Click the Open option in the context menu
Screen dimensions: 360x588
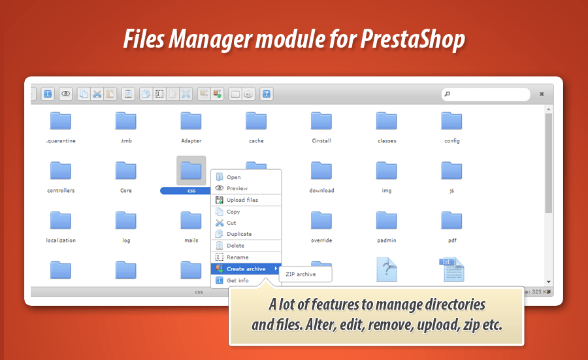tap(233, 177)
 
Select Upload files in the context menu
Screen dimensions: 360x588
tap(242, 200)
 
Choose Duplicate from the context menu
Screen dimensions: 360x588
tap(238, 234)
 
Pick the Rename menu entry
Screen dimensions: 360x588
tap(237, 257)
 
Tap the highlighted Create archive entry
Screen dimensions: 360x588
tap(246, 269)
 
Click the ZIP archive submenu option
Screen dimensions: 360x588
tap(301, 274)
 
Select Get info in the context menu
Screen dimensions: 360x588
tap(237, 280)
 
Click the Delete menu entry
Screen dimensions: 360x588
tap(235, 246)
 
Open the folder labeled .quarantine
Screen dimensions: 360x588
tap(61, 121)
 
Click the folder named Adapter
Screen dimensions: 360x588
tap(191, 121)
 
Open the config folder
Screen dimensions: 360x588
tap(451, 121)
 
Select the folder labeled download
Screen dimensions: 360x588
tap(321, 171)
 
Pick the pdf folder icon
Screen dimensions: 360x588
tap(451, 221)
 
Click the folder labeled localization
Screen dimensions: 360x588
tap(61, 221)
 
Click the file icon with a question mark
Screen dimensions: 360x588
tap(387, 269)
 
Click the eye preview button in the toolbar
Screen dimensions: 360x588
tap(66, 94)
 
